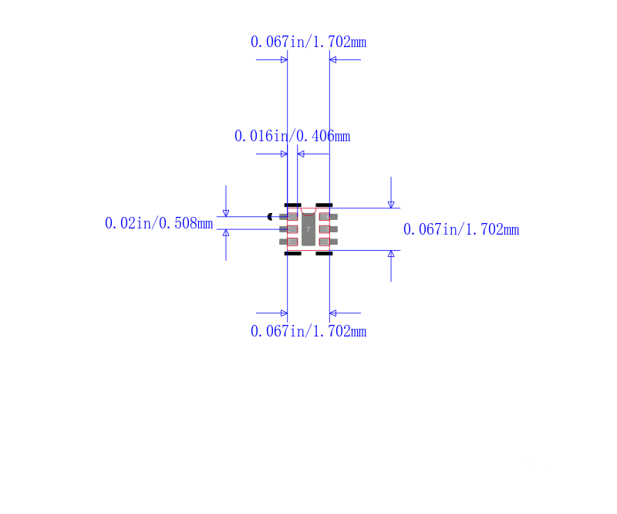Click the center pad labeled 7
(x=308, y=229)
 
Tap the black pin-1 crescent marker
(x=269, y=217)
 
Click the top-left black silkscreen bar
(x=293, y=205)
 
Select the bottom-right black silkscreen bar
(x=324, y=254)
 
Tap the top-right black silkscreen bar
(x=324, y=205)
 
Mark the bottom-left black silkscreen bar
(x=293, y=254)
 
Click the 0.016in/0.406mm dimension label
(x=292, y=137)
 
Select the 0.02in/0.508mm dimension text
(x=159, y=223)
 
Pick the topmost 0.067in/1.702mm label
(x=308, y=42)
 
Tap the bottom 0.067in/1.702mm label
(x=308, y=331)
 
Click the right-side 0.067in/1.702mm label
(x=461, y=230)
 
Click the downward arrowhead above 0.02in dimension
(x=226, y=214)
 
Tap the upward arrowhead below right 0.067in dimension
(x=391, y=254)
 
